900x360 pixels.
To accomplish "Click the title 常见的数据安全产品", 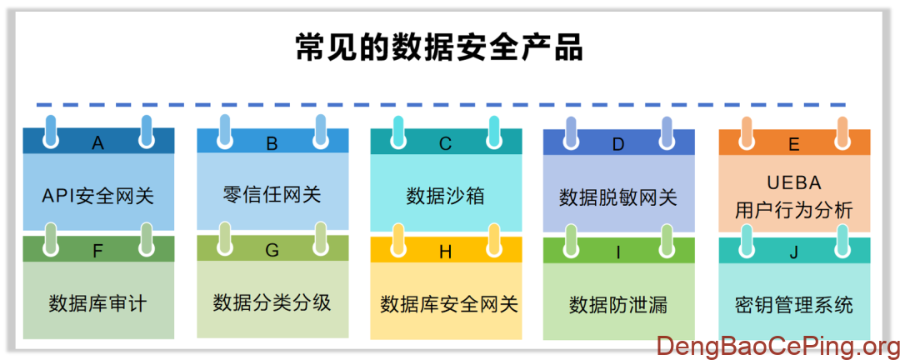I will click(x=439, y=47).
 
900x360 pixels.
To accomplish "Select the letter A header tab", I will click(x=98, y=143).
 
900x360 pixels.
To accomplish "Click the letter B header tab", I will click(x=272, y=143).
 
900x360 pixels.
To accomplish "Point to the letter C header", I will click(x=446, y=143).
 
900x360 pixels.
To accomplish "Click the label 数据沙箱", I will click(x=446, y=197).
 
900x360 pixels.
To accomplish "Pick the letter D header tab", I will click(x=618, y=143).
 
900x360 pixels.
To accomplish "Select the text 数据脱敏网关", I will click(x=618, y=198).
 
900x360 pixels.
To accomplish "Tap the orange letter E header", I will click(x=793, y=144).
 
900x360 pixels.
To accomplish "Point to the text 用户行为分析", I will click(x=793, y=211).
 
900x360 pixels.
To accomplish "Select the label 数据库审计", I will click(x=98, y=303).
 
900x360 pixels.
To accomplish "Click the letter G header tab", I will click(x=272, y=249).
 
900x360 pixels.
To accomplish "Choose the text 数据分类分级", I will click(x=272, y=302).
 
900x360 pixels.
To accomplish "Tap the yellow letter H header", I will click(x=446, y=250).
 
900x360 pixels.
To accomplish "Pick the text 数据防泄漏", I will click(x=618, y=304).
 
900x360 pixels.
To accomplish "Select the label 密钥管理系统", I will click(x=793, y=304).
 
